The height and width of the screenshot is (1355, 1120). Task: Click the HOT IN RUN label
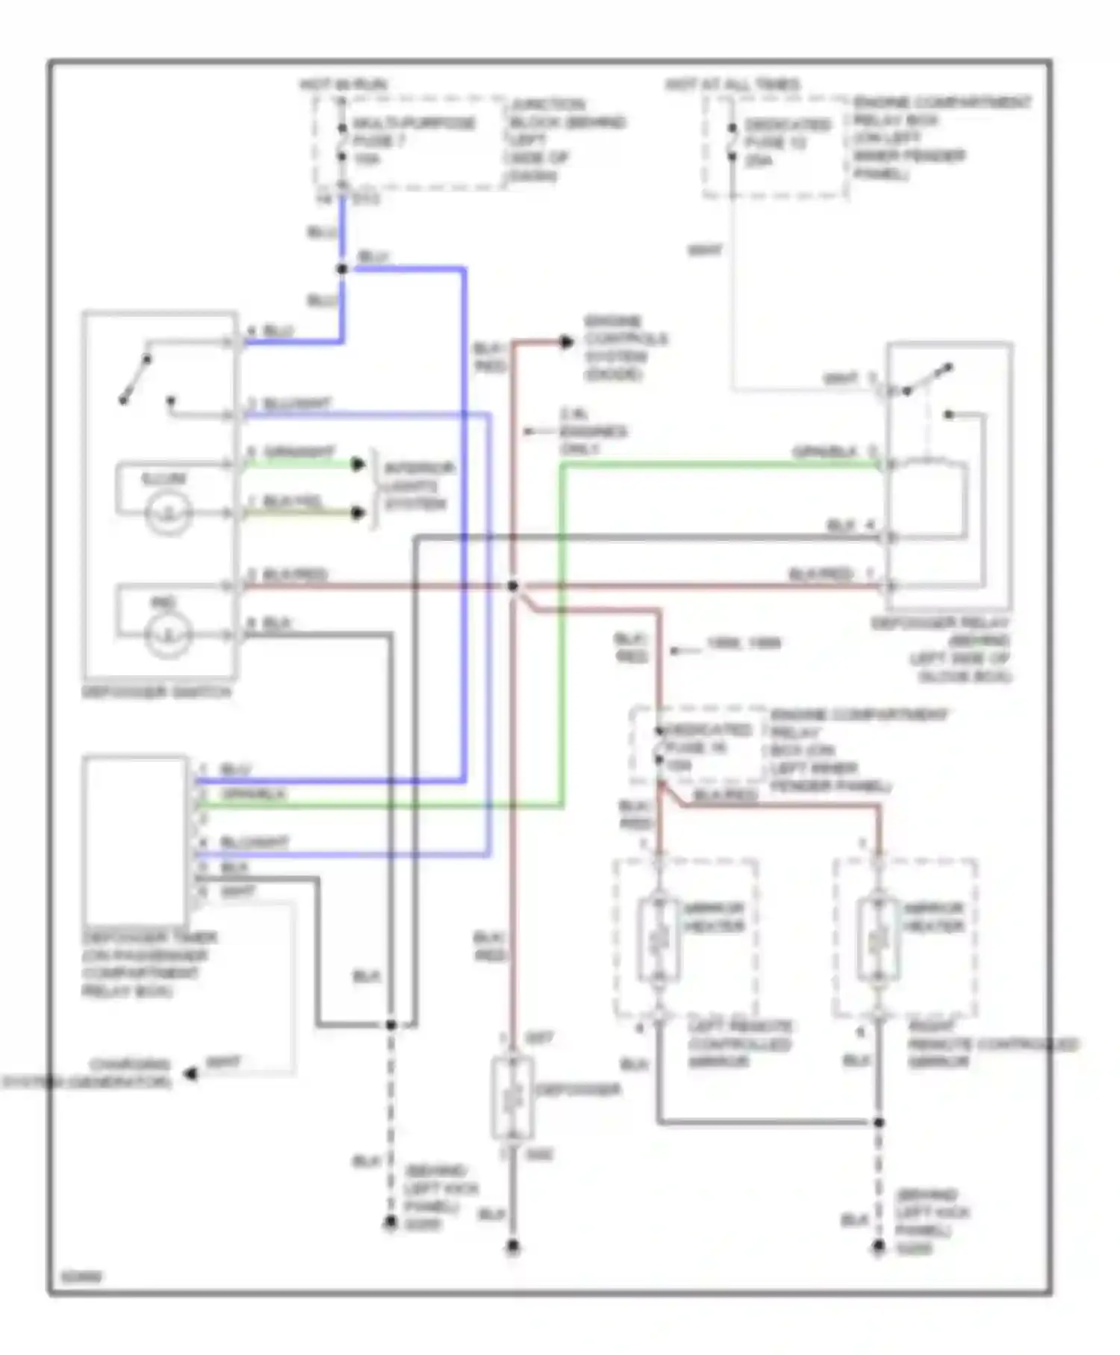[343, 84]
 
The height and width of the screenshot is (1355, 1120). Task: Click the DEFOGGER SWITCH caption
[156, 692]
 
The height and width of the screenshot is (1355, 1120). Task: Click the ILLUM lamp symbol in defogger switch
[169, 513]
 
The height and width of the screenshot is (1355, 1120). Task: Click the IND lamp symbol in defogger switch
[169, 636]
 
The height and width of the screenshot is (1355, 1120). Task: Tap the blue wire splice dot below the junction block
[342, 269]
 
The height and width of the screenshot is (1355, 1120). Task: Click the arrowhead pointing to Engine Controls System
[567, 342]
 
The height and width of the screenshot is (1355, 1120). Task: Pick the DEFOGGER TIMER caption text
[149, 964]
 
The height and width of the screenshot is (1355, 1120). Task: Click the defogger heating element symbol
[512, 1098]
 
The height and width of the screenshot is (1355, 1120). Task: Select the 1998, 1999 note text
[743, 643]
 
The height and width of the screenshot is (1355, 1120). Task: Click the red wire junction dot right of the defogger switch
[513, 586]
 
